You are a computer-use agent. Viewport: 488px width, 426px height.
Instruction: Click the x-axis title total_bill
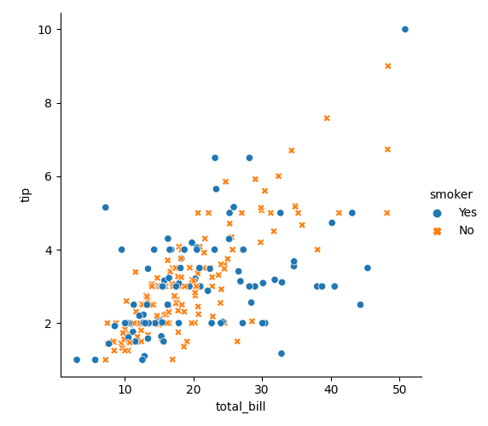tap(241, 406)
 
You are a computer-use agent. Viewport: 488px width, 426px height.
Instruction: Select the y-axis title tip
tap(26, 195)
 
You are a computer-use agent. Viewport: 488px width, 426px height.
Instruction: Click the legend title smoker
tap(450, 194)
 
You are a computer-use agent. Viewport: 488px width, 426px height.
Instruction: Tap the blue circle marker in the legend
tap(438, 213)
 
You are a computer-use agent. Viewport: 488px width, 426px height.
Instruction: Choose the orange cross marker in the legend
tap(438, 231)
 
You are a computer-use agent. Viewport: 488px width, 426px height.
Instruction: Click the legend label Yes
tap(468, 213)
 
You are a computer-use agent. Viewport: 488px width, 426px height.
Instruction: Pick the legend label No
tap(466, 231)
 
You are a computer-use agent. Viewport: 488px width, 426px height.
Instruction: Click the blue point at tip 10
tap(405, 29)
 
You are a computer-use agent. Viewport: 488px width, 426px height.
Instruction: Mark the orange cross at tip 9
tap(388, 66)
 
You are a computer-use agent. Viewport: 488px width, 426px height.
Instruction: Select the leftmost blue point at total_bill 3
tap(77, 360)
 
